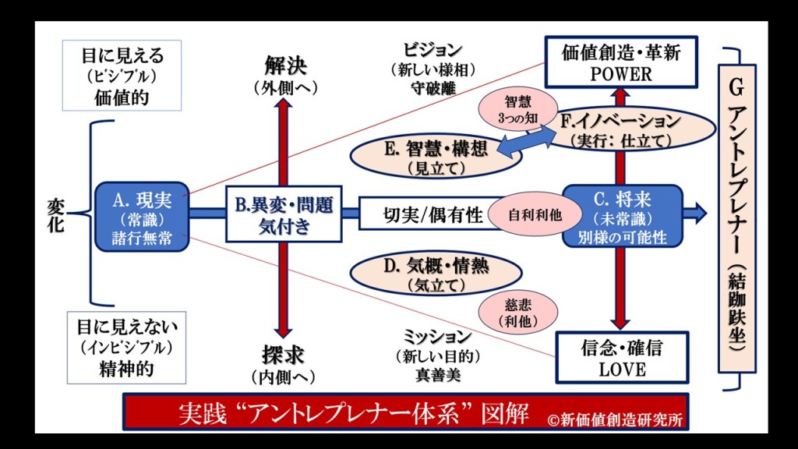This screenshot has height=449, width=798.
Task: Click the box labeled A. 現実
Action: (x=141, y=216)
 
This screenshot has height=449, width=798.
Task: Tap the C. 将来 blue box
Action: (x=622, y=216)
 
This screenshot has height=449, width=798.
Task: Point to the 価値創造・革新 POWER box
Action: (x=620, y=62)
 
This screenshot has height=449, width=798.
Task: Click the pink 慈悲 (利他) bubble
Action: (x=512, y=312)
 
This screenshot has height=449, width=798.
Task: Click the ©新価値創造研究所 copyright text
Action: (x=615, y=419)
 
